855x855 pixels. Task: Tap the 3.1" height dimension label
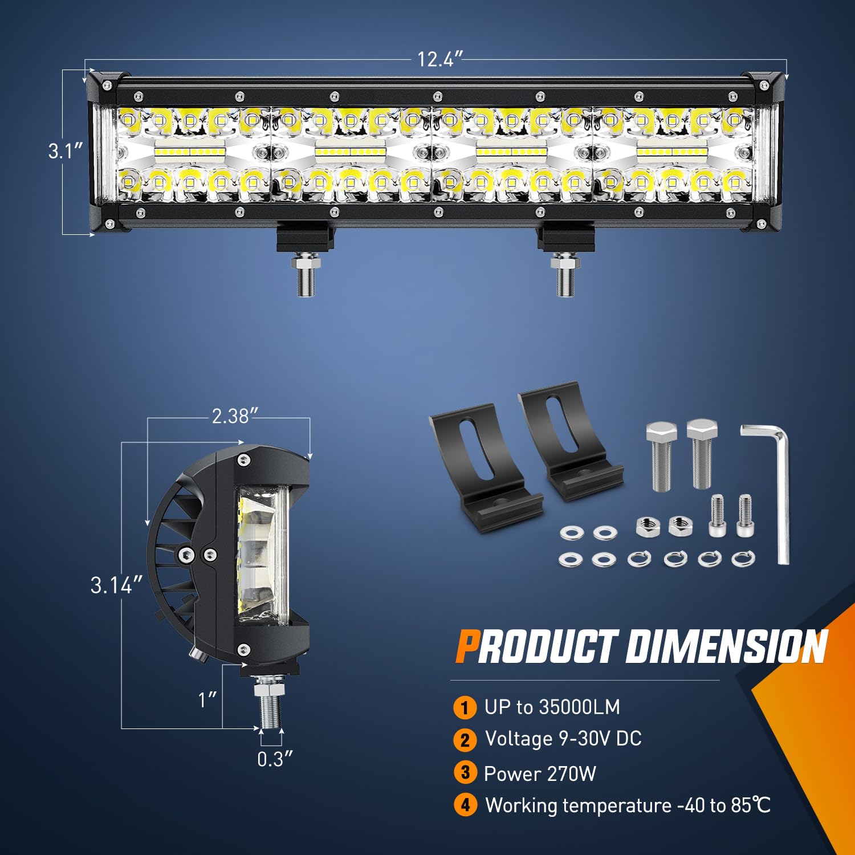[x=66, y=151]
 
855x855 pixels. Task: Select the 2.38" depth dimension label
[x=231, y=416]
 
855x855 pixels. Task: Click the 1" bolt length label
[x=207, y=699]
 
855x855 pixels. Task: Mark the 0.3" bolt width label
[x=275, y=759]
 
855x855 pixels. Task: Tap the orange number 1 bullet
[x=465, y=708]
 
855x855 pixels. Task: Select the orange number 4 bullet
[x=465, y=805]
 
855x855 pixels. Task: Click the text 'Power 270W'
[x=540, y=774]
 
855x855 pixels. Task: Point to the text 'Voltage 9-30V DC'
[x=563, y=739]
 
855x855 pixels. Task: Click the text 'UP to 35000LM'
[x=552, y=707]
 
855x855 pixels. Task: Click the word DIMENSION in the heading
[x=727, y=648]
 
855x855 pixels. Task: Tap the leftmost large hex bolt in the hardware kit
[x=661, y=456]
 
